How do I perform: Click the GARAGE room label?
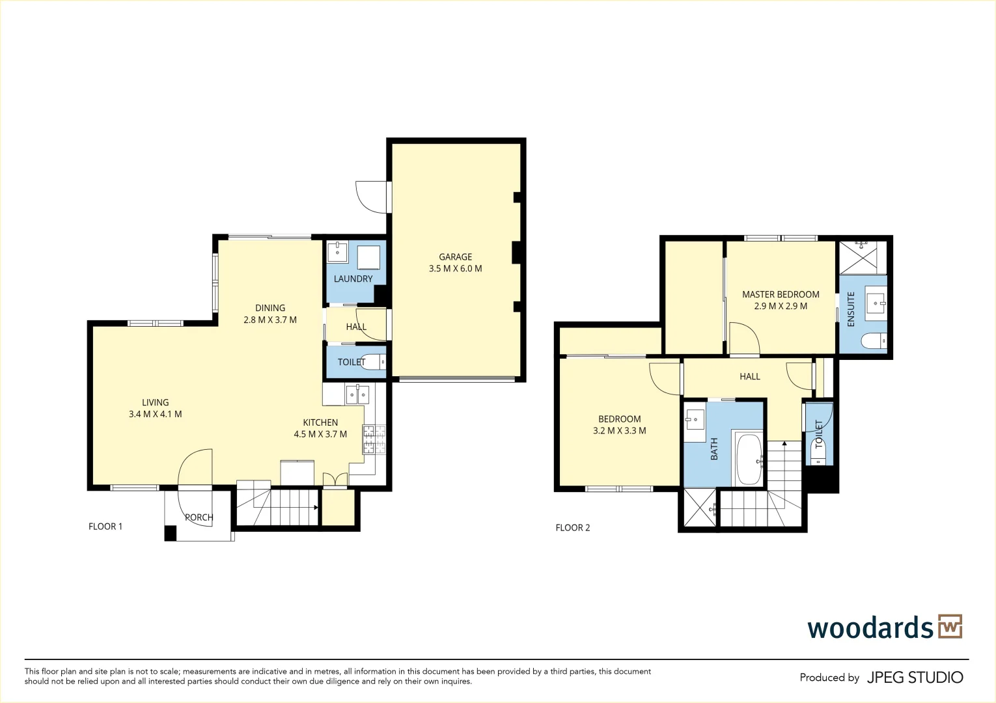pyautogui.click(x=455, y=257)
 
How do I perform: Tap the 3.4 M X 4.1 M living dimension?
pyautogui.click(x=155, y=414)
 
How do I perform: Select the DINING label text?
pyautogui.click(x=270, y=308)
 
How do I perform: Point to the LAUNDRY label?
pyautogui.click(x=353, y=279)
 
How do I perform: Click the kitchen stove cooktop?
pyautogui.click(x=374, y=439)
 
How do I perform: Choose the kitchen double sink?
pyautogui.click(x=357, y=394)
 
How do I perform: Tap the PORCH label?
pyautogui.click(x=199, y=517)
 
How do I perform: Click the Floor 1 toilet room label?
pyautogui.click(x=351, y=362)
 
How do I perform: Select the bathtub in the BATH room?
pyautogui.click(x=749, y=460)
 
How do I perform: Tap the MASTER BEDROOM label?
pyautogui.click(x=781, y=294)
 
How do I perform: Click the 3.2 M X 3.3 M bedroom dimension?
pyautogui.click(x=619, y=430)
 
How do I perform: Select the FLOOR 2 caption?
pyautogui.click(x=572, y=528)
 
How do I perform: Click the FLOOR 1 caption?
pyautogui.click(x=105, y=527)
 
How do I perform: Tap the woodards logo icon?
pyautogui.click(x=950, y=627)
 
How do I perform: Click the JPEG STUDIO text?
pyautogui.click(x=915, y=678)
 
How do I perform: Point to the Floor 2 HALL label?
pyautogui.click(x=749, y=376)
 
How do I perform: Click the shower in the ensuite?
pyautogui.click(x=863, y=258)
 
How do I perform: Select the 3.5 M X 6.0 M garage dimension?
pyautogui.click(x=455, y=269)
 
